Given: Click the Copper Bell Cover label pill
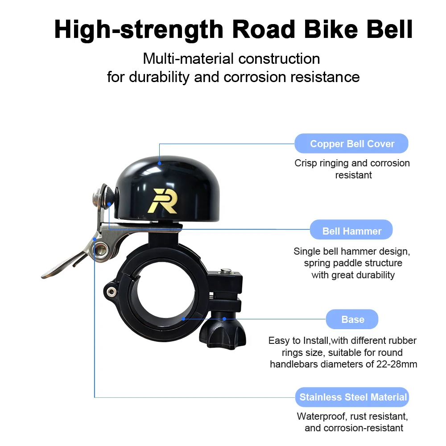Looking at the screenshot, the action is point(351,143).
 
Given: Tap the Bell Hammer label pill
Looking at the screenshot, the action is point(351,230).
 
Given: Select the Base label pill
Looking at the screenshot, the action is point(352,319).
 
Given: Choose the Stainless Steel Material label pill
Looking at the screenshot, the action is point(352,397).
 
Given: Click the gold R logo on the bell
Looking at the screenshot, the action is point(163,201).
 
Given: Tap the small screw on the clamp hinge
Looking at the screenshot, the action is point(111,292).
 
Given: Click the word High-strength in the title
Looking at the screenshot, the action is point(139,30).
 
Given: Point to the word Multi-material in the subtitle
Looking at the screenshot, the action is point(188,59).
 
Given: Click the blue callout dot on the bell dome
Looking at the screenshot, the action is point(160,163).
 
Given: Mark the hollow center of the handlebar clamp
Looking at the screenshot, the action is point(164,293).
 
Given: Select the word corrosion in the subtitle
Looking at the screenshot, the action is point(255,77).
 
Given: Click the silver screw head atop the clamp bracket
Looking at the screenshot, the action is point(226,271).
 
